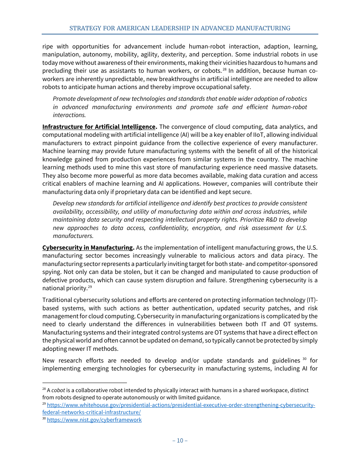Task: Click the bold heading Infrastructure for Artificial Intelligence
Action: [99, 127]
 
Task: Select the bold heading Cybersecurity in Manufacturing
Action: [87, 248]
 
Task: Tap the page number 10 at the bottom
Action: [180, 440]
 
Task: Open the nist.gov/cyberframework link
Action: [94, 420]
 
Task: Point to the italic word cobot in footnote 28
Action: [58, 390]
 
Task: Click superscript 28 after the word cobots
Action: [225, 70]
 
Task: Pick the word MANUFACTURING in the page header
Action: [263, 28]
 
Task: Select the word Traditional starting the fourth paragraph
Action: [57, 300]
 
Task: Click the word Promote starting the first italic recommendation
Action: [64, 99]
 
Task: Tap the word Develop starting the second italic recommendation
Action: [64, 203]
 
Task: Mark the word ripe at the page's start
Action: [47, 47]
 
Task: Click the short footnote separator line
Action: [84, 383]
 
